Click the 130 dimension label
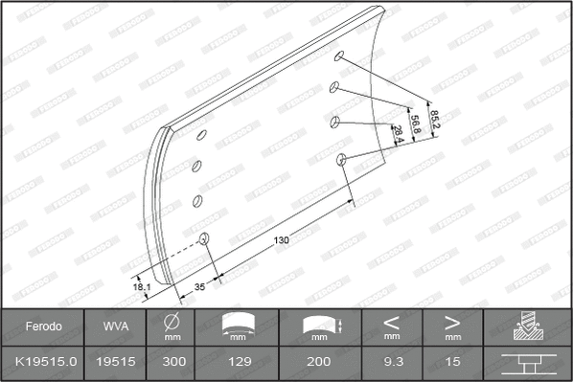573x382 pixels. click(x=281, y=239)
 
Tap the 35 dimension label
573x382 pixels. click(x=199, y=286)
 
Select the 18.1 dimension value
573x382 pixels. click(x=142, y=284)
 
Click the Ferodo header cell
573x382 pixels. click(x=44, y=326)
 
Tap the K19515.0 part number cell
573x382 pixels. click(x=44, y=362)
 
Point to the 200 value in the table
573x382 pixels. click(x=320, y=362)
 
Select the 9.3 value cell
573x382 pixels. click(x=392, y=362)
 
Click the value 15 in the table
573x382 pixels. click(x=452, y=362)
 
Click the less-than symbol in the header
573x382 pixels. click(x=392, y=321)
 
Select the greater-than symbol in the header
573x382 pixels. click(x=452, y=321)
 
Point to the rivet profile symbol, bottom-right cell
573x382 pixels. click(x=527, y=364)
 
